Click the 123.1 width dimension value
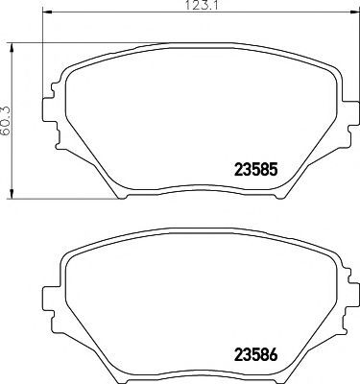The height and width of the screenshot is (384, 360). pyautogui.click(x=202, y=5)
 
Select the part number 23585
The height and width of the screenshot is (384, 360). pyautogui.click(x=255, y=170)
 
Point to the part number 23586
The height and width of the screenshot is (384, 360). pyautogui.click(x=255, y=355)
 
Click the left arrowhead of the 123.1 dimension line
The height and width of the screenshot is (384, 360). pyautogui.click(x=47, y=12)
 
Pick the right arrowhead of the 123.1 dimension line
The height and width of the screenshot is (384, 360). pyautogui.click(x=354, y=12)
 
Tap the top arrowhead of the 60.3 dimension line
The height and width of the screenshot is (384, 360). pyautogui.click(x=12, y=47)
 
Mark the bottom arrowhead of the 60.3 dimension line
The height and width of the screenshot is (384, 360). pyautogui.click(x=12, y=194)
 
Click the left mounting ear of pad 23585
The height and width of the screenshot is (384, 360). pyautogui.click(x=47, y=110)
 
